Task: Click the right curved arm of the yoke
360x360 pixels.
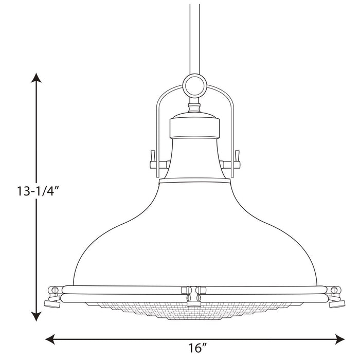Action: pyautogui.click(x=232, y=118)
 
